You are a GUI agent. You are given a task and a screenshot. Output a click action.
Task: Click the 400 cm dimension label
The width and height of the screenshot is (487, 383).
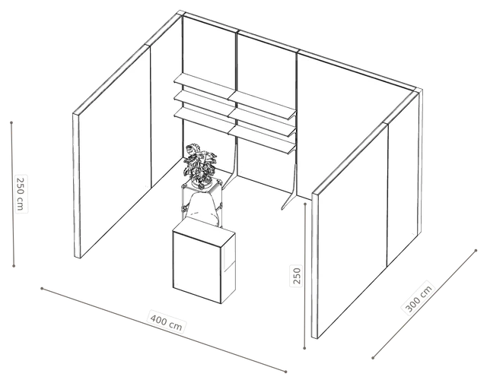coord(166,321)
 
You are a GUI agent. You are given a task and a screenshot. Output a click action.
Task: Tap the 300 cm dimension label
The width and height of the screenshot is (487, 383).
coord(419,299)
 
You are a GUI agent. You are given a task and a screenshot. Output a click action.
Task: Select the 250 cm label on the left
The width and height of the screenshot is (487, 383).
coord(21,194)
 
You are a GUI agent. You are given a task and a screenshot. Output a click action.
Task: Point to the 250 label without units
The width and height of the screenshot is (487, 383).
coord(297,275)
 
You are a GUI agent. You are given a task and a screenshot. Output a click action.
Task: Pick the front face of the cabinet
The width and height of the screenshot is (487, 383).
coord(197,267)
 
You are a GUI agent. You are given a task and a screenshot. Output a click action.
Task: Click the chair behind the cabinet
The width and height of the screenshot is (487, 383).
coord(203,207)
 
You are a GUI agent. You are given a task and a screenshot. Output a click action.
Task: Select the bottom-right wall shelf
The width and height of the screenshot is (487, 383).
coord(263,138)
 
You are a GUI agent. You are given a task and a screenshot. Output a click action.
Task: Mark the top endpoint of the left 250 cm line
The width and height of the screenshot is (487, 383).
coord(11,122)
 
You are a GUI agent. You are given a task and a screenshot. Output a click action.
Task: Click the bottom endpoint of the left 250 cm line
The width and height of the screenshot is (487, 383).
coord(14,266)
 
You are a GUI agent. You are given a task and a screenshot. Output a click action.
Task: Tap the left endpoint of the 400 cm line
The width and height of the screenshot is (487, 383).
coord(42,289)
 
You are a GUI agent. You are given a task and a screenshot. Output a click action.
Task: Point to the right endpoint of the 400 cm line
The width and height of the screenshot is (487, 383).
coord(286,371)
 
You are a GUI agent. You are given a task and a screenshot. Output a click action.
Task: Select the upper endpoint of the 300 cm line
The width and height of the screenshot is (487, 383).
coord(476,250)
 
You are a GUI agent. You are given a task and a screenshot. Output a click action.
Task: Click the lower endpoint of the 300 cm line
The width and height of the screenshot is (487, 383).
coord(373,358)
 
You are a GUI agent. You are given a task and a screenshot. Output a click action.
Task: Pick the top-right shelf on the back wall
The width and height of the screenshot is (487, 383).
coord(263,104)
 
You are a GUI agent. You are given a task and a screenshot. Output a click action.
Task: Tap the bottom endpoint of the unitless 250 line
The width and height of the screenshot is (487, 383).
coord(304,348)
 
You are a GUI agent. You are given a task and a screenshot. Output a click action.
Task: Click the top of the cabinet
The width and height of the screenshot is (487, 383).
coord(204,228)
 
